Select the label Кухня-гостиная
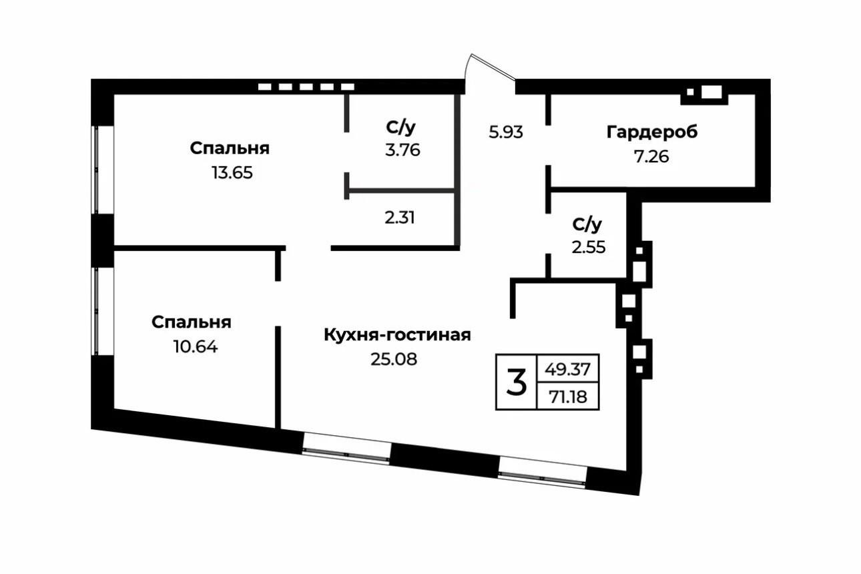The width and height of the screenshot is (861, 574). pos(397,334)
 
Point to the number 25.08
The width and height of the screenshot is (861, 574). pos(394,359)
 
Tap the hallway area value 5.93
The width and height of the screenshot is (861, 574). pos(506,132)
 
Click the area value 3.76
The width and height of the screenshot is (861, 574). pos(402,150)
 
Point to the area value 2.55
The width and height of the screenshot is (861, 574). pos(588,247)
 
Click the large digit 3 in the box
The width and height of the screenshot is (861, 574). pos(516,382)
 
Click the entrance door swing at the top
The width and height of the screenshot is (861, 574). pos(491,70)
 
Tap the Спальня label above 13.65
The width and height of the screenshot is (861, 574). pos(230,148)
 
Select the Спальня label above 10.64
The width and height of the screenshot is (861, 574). pos(191,322)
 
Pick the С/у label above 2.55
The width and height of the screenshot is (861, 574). pos(587,223)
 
